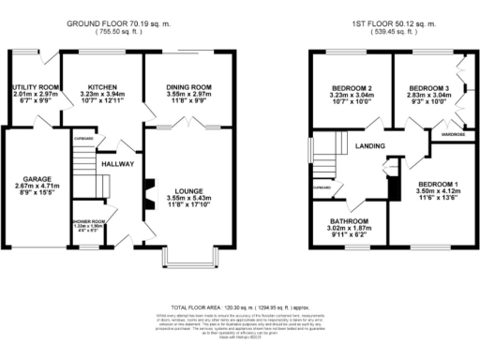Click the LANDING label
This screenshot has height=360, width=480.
click(371, 146)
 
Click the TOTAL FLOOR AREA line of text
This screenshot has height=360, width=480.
click(240, 306)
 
